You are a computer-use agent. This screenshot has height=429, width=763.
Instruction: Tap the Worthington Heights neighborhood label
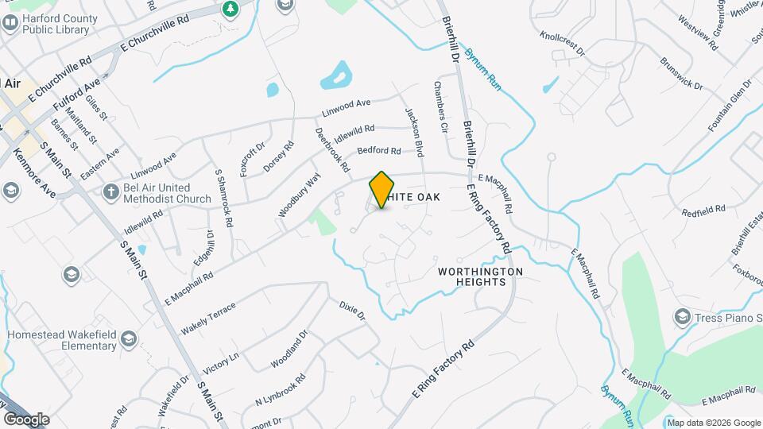[x=481, y=276]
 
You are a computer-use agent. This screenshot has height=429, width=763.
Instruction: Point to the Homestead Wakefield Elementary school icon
[x=128, y=342]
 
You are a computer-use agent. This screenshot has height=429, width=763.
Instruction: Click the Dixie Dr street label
[x=351, y=310]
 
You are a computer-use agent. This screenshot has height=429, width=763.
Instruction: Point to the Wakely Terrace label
[x=208, y=318]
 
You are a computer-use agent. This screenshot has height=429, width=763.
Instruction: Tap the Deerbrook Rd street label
[x=332, y=150]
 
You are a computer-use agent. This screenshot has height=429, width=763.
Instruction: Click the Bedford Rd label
[x=378, y=150]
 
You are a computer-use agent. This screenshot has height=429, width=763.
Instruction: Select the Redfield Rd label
[x=704, y=210]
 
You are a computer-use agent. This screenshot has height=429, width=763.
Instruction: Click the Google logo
[x=26, y=419]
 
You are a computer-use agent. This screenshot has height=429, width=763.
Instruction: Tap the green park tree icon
[x=230, y=9]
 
